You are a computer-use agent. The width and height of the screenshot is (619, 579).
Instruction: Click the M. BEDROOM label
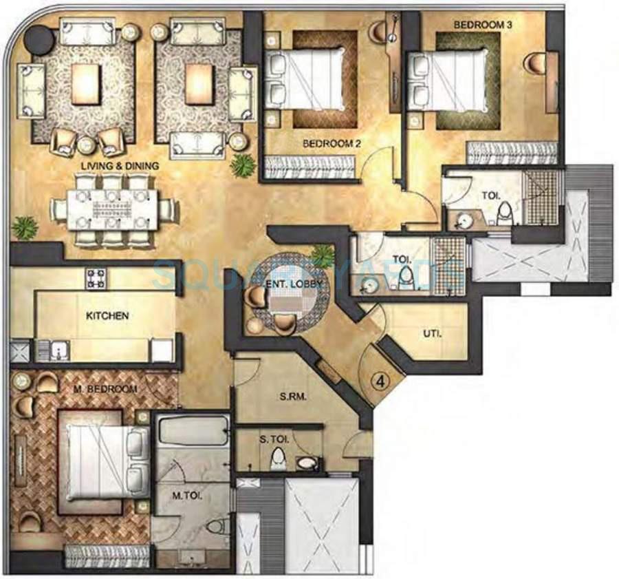(105, 390)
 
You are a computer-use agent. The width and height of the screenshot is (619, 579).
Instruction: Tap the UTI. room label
(432, 335)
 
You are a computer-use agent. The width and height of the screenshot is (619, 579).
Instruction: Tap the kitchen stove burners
(96, 277)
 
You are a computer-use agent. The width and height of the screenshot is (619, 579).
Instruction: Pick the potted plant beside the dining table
(25, 227)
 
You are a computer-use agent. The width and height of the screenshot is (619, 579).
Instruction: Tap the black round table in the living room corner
(39, 40)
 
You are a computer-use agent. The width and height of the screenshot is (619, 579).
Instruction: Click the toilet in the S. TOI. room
(278, 458)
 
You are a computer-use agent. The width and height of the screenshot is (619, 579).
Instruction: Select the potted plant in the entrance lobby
(322, 256)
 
